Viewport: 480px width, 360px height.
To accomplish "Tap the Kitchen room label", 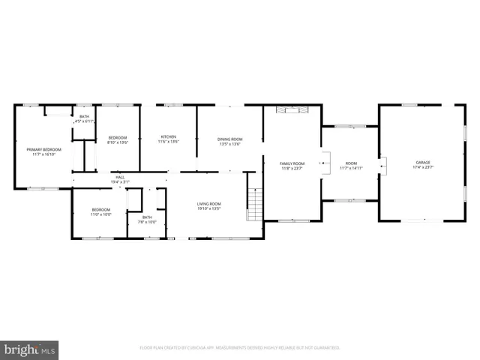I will [167, 136].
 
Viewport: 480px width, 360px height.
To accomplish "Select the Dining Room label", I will [229, 139].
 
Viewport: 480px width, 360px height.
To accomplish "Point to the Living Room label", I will [208, 203].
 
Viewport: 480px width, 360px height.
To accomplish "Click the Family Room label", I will [292, 163].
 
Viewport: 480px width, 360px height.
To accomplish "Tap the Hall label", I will [120, 178].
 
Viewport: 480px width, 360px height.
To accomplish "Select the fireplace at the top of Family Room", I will [292, 110].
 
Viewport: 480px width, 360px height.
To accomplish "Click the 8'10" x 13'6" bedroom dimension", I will [118, 142].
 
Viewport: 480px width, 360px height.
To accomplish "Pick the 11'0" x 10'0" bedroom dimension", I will [101, 214].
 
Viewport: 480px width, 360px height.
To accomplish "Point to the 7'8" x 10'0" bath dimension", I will [146, 222].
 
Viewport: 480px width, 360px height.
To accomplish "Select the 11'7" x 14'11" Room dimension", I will [351, 167].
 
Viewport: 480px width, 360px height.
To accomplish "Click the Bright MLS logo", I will [30, 349].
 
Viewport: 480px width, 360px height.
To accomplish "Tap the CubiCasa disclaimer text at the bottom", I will [240, 348].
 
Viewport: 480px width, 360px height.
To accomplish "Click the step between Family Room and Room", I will [324, 161].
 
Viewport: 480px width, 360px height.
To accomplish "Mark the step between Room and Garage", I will [382, 164].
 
